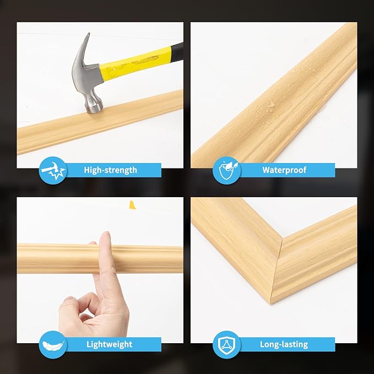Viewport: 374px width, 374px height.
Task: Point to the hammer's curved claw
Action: [80, 55]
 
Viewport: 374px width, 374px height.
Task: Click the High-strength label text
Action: [110, 170]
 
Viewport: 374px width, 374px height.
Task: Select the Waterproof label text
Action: [284, 170]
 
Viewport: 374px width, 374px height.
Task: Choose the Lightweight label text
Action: [109, 344]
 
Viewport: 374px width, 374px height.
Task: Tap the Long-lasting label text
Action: [284, 344]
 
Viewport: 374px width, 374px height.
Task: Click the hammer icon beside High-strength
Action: [53, 170]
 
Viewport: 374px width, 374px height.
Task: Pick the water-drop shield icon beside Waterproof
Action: [226, 170]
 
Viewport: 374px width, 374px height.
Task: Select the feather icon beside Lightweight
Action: [53, 344]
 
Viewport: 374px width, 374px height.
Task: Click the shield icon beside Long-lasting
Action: [226, 344]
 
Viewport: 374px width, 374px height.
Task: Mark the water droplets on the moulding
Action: [270, 105]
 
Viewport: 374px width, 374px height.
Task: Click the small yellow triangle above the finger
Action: [132, 205]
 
